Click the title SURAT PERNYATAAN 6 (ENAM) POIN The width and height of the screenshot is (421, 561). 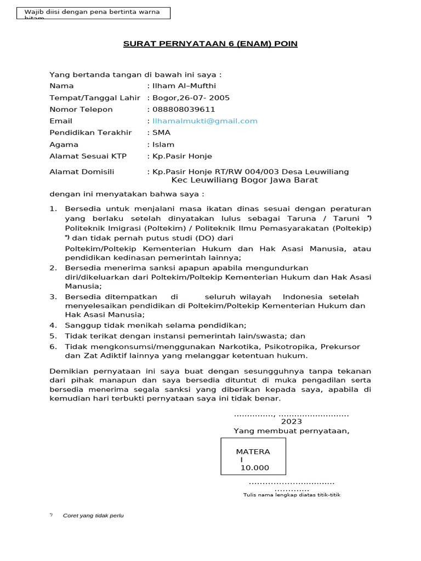(x=210, y=43)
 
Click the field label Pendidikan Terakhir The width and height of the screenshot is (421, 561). (x=90, y=133)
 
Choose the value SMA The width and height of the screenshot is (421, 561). (x=161, y=133)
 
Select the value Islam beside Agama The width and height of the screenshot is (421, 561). (x=163, y=145)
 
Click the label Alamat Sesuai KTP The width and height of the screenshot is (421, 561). (x=88, y=156)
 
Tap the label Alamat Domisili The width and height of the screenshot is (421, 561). (x=82, y=172)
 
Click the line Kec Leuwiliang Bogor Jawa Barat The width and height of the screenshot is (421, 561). (x=244, y=180)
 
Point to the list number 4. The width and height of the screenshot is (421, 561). (x=53, y=325)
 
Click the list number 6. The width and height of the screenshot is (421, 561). (x=53, y=347)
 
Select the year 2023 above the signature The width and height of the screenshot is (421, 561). (x=291, y=421)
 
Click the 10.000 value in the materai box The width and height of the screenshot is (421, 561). (x=254, y=468)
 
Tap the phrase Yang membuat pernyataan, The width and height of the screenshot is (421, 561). (x=291, y=431)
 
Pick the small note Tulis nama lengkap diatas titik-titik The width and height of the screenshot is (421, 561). (x=292, y=495)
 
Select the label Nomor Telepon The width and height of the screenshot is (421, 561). (x=81, y=110)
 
